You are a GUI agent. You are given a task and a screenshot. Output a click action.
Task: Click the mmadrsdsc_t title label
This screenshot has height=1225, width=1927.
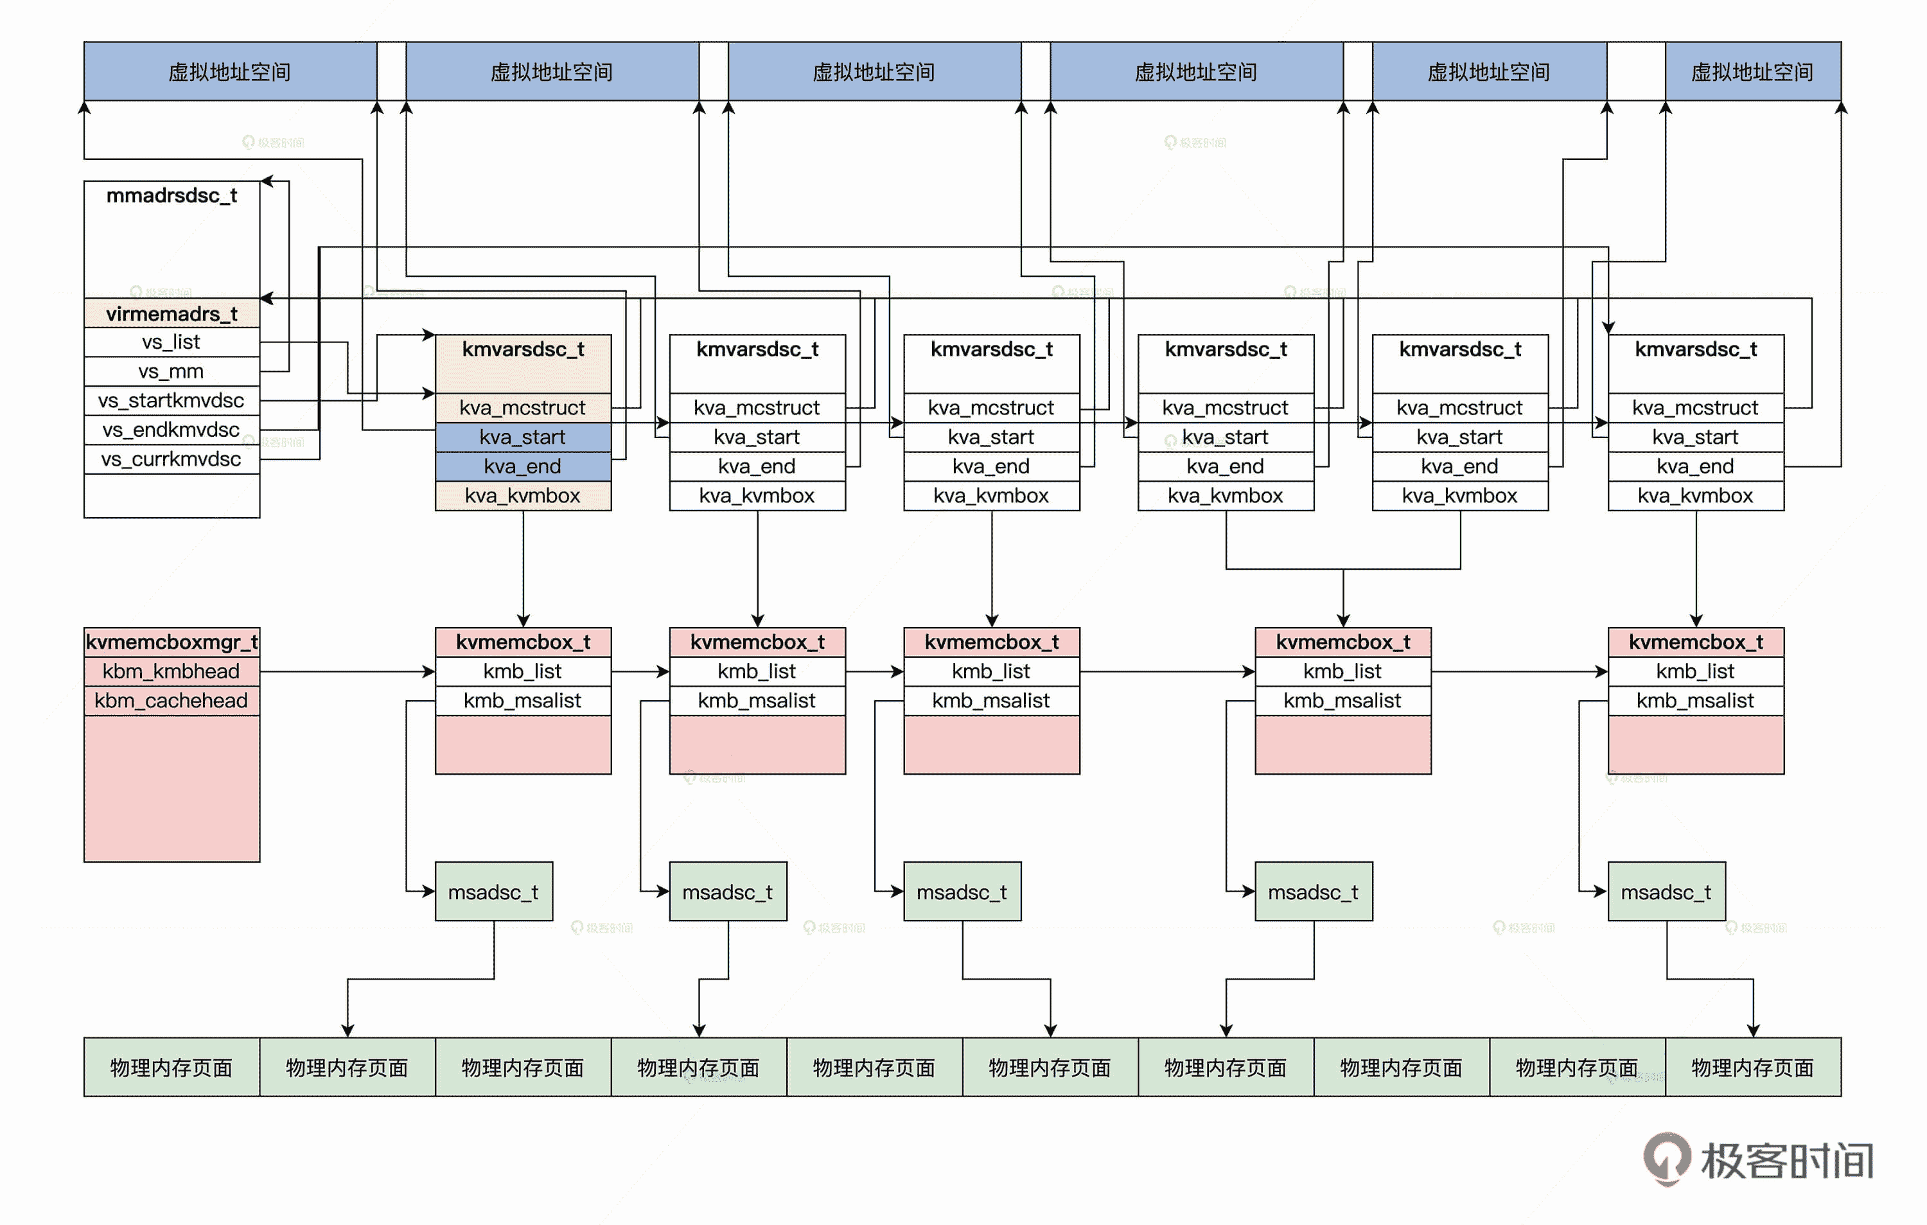click(x=172, y=196)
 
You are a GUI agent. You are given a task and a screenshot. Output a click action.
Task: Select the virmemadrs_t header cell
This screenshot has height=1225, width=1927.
click(x=172, y=313)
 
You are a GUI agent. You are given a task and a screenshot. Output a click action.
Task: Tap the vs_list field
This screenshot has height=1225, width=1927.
click(x=172, y=342)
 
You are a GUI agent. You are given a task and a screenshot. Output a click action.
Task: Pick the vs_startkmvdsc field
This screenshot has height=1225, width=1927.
click(x=172, y=401)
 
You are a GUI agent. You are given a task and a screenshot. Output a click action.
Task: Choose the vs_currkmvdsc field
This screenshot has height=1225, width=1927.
click(x=172, y=459)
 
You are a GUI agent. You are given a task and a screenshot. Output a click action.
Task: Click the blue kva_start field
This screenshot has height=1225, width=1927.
click(x=523, y=437)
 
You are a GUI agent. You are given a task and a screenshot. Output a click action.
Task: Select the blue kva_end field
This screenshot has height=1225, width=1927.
click(x=523, y=466)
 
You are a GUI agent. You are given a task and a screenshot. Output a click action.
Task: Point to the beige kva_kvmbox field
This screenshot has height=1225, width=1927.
click(x=523, y=496)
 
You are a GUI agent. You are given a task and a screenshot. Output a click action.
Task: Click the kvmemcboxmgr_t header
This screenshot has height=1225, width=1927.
click(x=172, y=642)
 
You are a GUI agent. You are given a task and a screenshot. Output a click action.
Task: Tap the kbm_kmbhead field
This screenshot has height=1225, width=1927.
click(x=172, y=671)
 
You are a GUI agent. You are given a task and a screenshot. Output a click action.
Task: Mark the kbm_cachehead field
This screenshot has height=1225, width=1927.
click(x=172, y=701)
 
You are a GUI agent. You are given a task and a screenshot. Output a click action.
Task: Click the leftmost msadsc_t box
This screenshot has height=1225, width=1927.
click(x=493, y=892)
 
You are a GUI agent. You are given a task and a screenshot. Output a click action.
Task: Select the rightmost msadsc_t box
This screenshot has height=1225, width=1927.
click(x=1666, y=892)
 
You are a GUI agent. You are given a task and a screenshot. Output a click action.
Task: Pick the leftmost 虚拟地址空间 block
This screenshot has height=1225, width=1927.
click(x=230, y=72)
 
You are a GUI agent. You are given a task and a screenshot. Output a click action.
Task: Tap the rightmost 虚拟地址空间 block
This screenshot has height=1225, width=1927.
click(x=1752, y=72)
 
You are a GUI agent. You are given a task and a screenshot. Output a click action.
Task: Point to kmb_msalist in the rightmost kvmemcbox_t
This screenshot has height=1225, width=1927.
click(x=1695, y=701)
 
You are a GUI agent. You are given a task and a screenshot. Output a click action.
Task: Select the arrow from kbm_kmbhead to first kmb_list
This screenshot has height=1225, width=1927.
click(x=348, y=672)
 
